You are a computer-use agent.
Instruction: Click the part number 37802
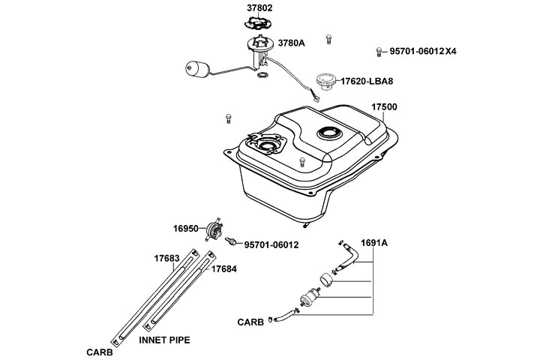tap(259, 7)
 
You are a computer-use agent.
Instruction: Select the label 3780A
tap(291, 43)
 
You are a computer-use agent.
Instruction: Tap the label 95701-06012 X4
tap(423, 51)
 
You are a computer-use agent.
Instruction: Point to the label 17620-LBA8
tap(367, 82)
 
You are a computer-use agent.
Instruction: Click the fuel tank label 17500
tap(384, 106)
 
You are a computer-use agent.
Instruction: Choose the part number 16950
tap(186, 229)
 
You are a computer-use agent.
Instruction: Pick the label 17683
tap(166, 258)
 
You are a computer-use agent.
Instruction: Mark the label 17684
tap(223, 269)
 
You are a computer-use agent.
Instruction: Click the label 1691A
tap(374, 243)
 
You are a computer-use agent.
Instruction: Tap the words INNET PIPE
tap(164, 340)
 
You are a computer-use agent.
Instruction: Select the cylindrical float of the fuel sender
tap(197, 69)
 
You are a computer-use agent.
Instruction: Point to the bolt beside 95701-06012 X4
tap(379, 52)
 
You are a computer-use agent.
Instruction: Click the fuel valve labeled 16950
tap(214, 229)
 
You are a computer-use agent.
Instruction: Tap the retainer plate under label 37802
tap(258, 22)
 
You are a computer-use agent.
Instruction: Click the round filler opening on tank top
tap(330, 133)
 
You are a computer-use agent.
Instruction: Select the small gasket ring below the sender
tap(262, 75)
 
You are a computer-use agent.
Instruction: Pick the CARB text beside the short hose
tap(250, 322)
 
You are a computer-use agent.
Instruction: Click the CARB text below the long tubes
tap(100, 352)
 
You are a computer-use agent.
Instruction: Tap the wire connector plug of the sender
tap(316, 99)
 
